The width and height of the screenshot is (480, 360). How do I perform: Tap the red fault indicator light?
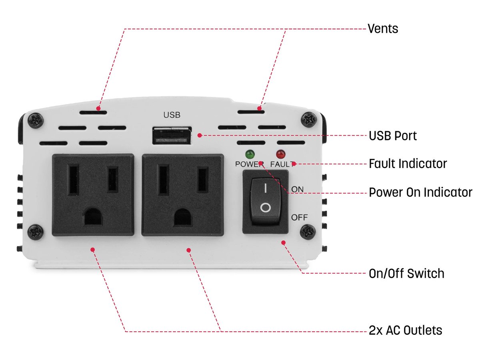(280, 154)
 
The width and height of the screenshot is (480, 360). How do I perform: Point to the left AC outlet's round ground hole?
(93, 216)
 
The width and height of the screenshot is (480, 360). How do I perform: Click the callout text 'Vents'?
(383, 29)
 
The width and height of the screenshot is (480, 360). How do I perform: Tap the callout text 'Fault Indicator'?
(408, 164)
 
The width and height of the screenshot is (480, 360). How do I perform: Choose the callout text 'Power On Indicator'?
(420, 192)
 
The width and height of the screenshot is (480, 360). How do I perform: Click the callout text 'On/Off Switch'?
(406, 274)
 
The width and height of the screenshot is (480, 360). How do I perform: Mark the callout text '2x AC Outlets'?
(405, 330)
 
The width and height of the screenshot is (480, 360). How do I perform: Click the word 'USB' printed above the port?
(172, 115)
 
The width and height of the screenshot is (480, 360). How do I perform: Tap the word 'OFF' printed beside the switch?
(299, 218)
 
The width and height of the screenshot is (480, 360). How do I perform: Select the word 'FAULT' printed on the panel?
(282, 164)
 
